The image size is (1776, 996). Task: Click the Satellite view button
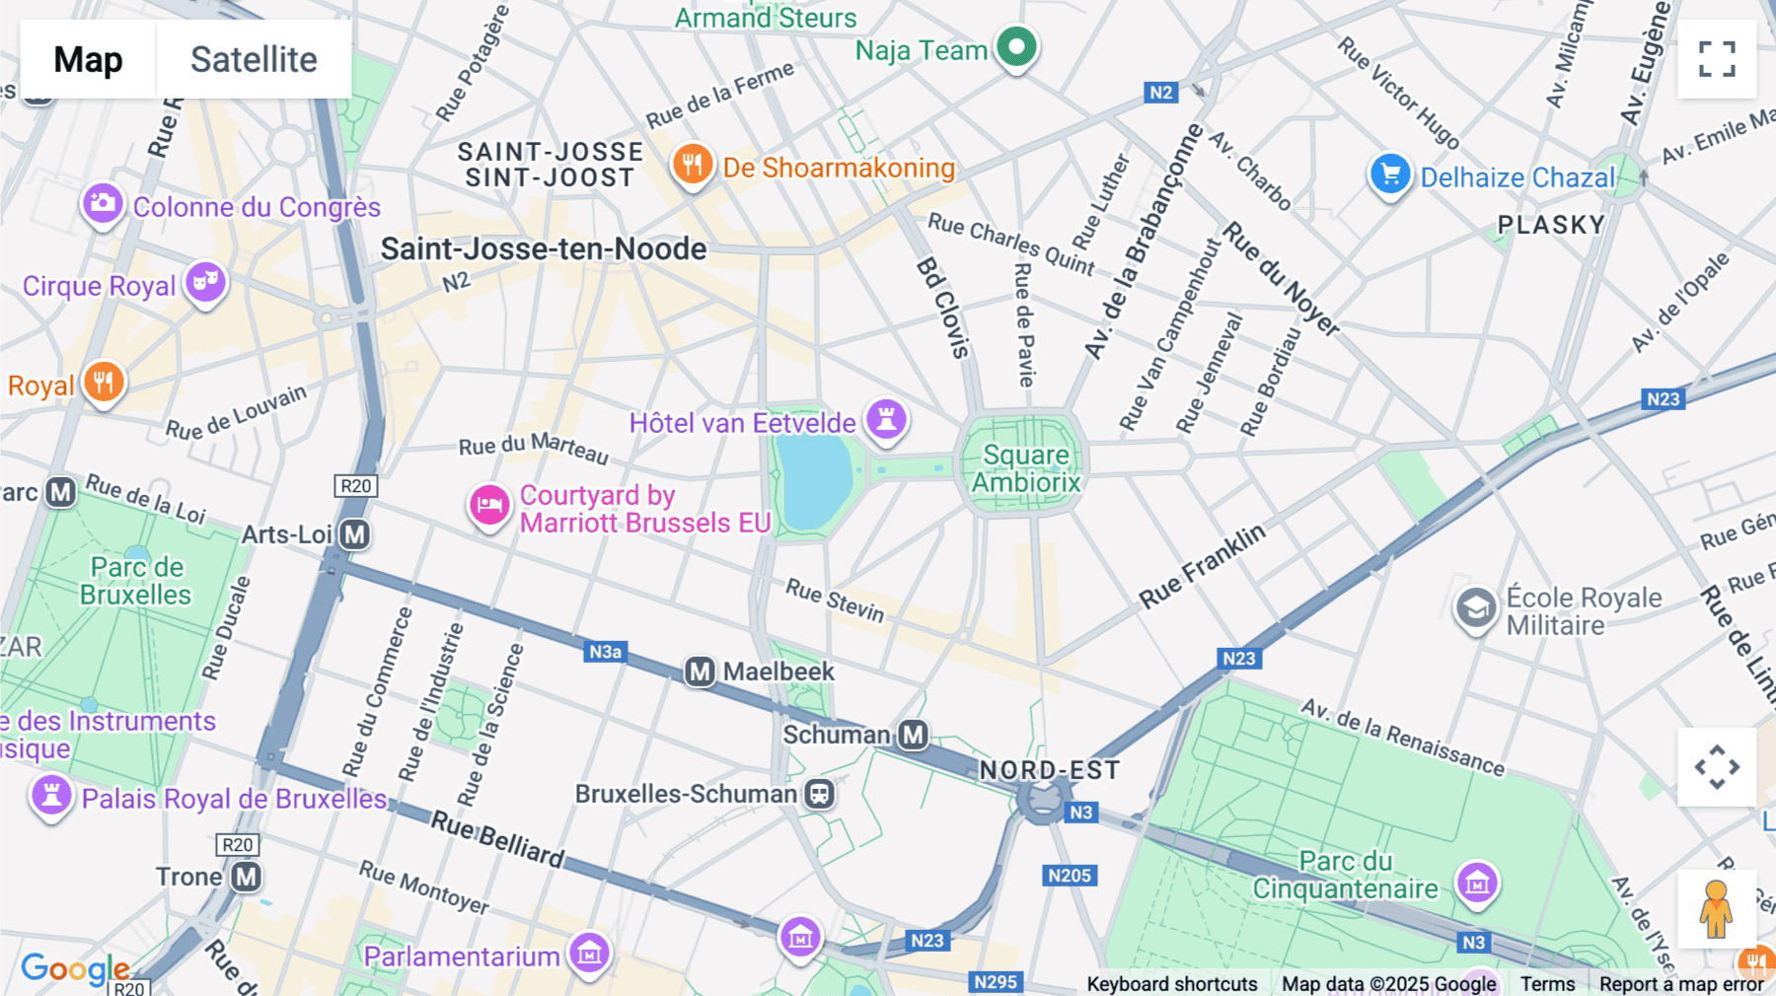coord(254,59)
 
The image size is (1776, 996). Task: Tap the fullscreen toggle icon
coord(1717,59)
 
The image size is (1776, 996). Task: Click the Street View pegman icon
coord(1717,908)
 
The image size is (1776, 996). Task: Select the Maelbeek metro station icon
coord(700,672)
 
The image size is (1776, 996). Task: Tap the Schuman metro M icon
coord(914,735)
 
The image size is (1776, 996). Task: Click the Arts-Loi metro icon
coord(355,534)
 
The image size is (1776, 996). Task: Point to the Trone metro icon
coord(246,877)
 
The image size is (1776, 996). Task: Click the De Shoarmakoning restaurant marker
coord(693,165)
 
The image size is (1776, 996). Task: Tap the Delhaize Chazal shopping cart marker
coord(1390,175)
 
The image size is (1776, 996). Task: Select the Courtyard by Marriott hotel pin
coord(488,506)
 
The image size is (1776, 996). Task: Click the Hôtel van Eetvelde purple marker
coord(886,419)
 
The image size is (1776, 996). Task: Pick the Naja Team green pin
coord(1016,45)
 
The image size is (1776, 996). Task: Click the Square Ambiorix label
coord(1026,468)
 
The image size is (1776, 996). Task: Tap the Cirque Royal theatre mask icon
coord(205,282)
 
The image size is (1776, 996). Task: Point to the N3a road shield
coord(605,652)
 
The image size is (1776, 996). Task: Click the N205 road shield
coord(1070,876)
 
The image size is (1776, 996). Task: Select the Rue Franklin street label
coord(1201,566)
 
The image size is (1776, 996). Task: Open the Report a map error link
coord(1681,984)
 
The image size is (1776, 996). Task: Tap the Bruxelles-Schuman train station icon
coord(819,794)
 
